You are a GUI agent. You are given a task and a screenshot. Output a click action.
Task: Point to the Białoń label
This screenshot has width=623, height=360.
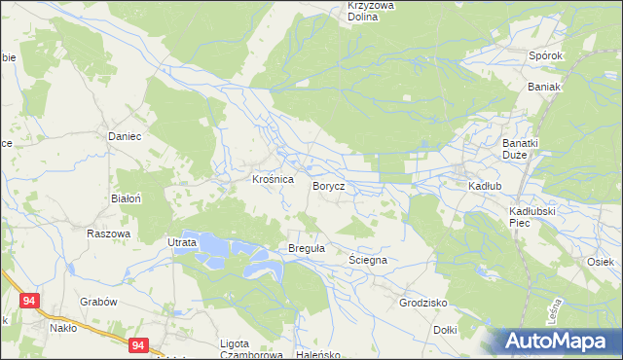(x=128, y=198)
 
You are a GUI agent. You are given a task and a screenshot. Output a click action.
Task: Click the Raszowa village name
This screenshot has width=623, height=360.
(x=108, y=234)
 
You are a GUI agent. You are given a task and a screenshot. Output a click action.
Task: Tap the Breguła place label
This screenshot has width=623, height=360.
(x=306, y=249)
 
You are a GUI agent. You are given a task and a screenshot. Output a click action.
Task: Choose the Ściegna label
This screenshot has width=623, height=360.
(x=369, y=261)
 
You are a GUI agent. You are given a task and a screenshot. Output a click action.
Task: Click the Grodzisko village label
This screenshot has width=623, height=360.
(x=422, y=303)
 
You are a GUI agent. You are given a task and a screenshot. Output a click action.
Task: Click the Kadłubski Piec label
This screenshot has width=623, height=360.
(x=531, y=216)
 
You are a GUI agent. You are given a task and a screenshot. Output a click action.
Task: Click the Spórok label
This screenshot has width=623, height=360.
(x=546, y=55)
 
